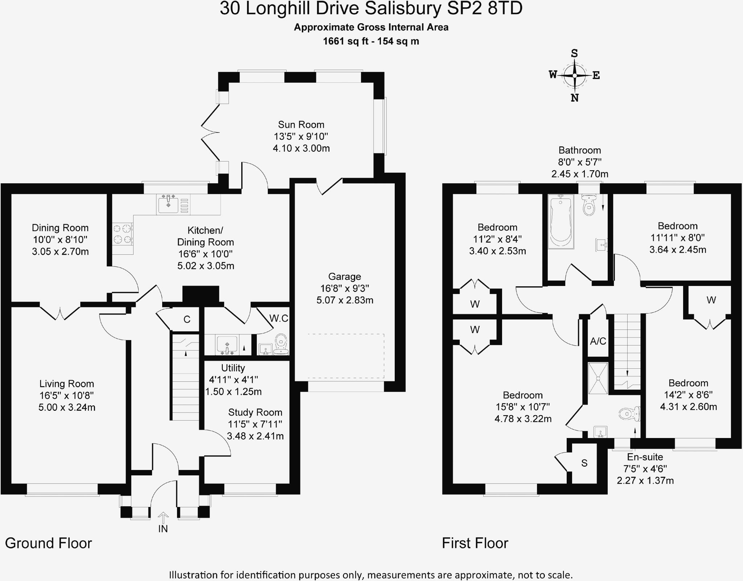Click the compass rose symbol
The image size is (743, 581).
click(x=574, y=75)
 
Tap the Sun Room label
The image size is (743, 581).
click(x=301, y=125)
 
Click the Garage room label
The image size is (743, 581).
click(x=344, y=277)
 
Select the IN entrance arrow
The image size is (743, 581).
click(x=163, y=517)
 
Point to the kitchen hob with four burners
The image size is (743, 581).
click(x=122, y=234)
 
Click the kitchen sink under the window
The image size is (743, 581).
click(x=168, y=204)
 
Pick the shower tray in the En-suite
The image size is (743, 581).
click(x=598, y=378)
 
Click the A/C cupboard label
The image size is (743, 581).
click(x=598, y=341)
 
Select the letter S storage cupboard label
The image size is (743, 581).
click(x=584, y=463)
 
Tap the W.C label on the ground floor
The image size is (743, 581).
click(x=279, y=318)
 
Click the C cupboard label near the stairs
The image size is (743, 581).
click(x=187, y=319)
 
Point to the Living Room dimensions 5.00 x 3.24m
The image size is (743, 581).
click(x=67, y=407)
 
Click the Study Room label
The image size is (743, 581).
click(x=255, y=412)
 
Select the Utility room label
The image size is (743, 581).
click(x=233, y=368)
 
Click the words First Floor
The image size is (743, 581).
click(x=475, y=543)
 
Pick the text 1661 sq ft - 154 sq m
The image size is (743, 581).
click(x=371, y=41)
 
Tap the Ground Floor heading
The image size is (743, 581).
click(x=48, y=543)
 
